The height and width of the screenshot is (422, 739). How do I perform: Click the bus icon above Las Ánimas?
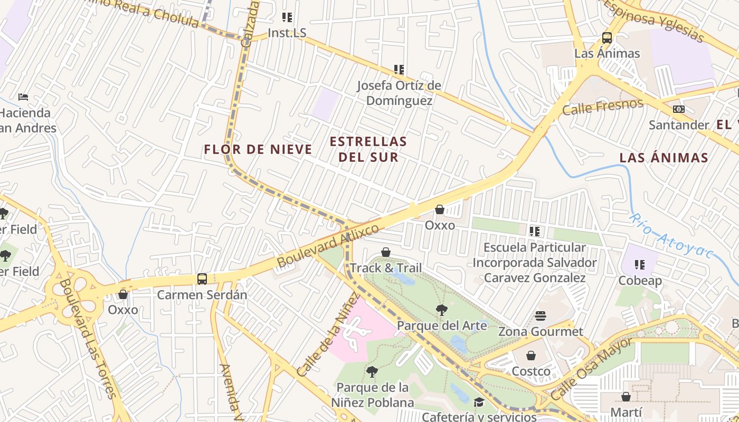click(607, 38)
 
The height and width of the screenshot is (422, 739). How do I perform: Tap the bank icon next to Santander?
click(679, 109)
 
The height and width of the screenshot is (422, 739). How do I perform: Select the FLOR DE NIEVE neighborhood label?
click(258, 150)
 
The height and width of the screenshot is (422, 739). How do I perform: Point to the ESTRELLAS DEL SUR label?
click(368, 149)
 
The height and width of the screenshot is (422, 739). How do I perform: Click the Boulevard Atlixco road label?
click(328, 245)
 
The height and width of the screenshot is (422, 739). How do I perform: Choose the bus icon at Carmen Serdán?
click(202, 279)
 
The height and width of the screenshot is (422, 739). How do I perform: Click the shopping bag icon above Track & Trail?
click(386, 252)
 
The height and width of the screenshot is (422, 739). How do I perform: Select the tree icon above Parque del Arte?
click(441, 310)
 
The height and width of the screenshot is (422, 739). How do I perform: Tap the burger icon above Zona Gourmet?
click(541, 316)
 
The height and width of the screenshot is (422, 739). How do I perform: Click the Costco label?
click(531, 371)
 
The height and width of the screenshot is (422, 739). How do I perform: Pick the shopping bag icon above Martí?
click(626, 396)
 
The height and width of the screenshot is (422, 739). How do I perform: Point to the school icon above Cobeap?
click(640, 265)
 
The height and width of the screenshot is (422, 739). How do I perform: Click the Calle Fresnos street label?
click(603, 107)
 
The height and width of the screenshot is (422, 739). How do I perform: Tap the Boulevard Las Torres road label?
click(88, 338)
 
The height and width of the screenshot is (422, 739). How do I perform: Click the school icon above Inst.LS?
click(287, 17)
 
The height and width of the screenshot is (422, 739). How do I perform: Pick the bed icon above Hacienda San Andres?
click(23, 97)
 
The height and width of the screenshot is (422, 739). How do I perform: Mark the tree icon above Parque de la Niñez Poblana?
click(372, 372)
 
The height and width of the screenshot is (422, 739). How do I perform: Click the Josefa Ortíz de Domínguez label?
click(399, 93)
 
